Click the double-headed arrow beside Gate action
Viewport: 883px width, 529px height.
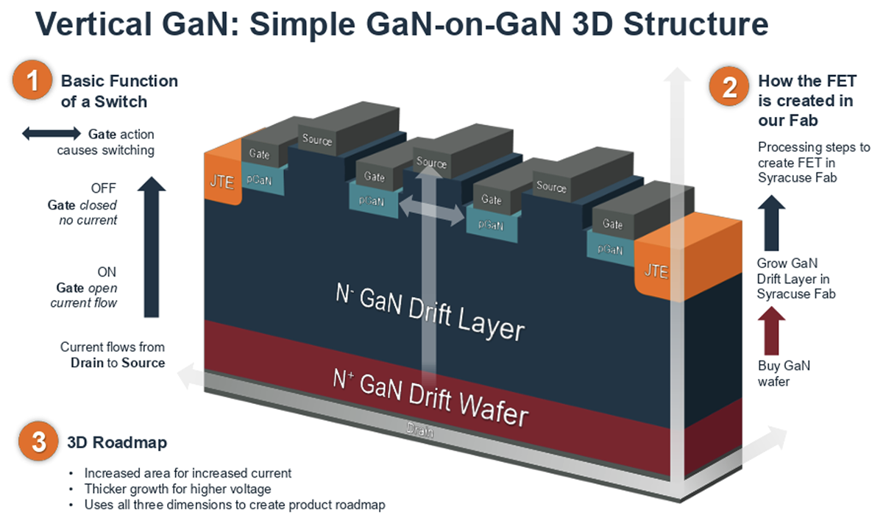coord(50,134)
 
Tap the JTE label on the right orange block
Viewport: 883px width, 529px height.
coord(656,271)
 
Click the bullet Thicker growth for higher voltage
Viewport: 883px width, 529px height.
coord(177,489)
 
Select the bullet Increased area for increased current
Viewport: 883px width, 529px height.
coord(188,473)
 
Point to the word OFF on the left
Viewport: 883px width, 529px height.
coord(104,189)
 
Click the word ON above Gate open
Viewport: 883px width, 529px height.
coord(107,271)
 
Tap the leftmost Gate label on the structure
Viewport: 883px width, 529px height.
coord(259,155)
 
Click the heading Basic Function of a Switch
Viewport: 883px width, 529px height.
coord(119,90)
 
